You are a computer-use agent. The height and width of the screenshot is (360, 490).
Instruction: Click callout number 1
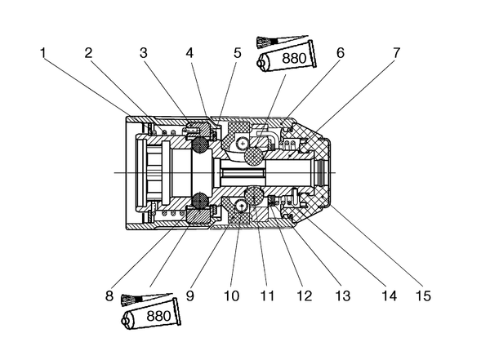coord(43,53)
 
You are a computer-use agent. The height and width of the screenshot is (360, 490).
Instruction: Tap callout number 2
coord(89,53)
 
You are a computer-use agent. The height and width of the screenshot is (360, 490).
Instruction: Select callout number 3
coord(144,53)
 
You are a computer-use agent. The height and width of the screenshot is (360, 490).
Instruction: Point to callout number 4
coord(189,53)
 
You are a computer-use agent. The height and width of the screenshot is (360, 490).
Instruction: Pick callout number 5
coord(238,53)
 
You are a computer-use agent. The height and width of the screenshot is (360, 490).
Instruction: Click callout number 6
coord(341,53)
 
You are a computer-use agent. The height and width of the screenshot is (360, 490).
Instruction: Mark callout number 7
coord(396,53)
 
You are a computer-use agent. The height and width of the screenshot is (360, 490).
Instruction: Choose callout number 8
coord(109,296)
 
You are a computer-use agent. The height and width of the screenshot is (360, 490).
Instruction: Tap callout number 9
coord(190,296)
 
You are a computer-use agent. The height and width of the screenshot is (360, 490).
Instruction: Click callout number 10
coord(232,296)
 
